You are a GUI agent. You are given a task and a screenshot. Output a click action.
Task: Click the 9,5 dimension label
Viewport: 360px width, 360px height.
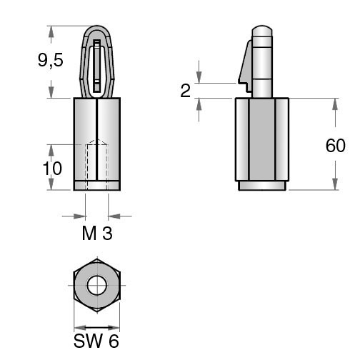tap(51, 60)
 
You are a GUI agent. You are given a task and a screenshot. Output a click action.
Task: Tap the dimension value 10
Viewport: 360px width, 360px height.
tap(52, 169)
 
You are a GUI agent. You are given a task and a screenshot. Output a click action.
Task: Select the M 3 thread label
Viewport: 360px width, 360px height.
tap(97, 233)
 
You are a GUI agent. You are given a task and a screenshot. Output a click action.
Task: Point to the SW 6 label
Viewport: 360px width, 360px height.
tap(96, 341)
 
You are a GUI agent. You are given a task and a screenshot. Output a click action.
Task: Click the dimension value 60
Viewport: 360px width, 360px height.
tap(335, 146)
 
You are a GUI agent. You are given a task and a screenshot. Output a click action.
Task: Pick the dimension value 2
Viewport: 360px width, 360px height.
tap(186, 91)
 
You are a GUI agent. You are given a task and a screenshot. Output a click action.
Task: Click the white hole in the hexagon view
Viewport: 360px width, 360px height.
tap(97, 285)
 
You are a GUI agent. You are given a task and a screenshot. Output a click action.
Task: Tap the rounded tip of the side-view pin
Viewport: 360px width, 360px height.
tap(262, 31)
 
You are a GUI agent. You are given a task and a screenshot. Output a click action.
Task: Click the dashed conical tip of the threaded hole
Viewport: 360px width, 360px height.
tap(97, 142)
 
